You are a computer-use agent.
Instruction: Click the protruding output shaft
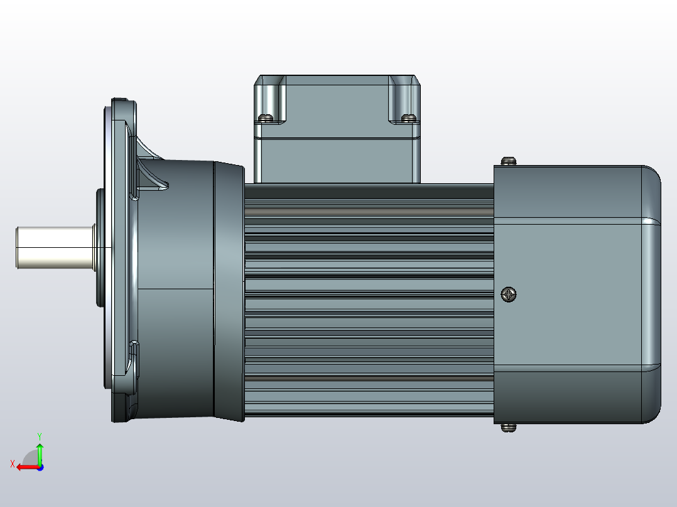[x=53, y=247]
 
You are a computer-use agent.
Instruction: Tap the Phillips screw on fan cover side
[x=509, y=294]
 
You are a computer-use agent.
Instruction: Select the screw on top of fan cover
[x=509, y=161]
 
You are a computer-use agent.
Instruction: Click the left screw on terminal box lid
[x=266, y=117]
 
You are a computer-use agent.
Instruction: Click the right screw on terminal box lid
[x=408, y=117]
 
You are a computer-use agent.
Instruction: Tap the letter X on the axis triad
[x=13, y=464]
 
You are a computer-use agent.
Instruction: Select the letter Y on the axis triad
[x=40, y=435]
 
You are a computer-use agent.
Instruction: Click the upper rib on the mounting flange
[x=151, y=166]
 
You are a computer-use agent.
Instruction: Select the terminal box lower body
[x=337, y=160]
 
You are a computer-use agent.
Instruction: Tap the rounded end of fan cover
[x=651, y=295]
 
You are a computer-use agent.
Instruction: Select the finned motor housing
[x=368, y=301]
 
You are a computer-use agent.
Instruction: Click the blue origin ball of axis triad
[x=40, y=467]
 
